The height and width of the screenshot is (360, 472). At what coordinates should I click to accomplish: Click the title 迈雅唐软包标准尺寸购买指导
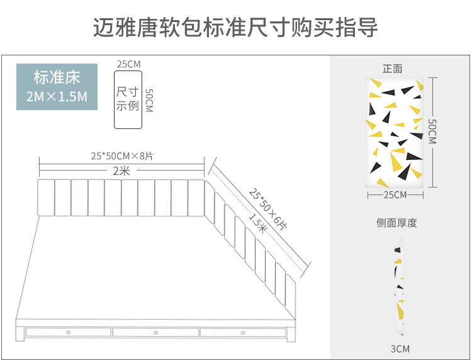coord(235,28)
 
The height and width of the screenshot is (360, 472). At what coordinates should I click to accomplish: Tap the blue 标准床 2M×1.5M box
coord(57,87)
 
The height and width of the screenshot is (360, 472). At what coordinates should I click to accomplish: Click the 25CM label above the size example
coord(128,64)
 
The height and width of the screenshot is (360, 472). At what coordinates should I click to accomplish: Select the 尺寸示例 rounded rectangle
coord(128,99)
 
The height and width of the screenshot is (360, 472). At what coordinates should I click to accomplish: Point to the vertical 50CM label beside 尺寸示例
coord(149,100)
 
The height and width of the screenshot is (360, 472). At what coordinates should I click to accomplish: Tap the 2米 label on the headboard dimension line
coord(121,171)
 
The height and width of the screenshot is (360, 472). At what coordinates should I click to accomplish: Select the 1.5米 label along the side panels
coord(258,223)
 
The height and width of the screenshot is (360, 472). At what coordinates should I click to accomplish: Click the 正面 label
coord(392,69)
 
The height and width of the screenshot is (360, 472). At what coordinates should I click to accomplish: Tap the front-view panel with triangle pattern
coord(395,133)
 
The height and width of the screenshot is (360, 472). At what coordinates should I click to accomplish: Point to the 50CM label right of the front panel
coord(432,132)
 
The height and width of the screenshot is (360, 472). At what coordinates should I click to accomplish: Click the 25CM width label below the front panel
coord(395,194)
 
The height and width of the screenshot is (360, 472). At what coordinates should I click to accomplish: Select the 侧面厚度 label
coord(396,223)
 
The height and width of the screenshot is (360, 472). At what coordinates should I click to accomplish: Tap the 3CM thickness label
coord(399,349)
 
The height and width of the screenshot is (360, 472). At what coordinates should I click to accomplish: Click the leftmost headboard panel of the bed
coord(47,196)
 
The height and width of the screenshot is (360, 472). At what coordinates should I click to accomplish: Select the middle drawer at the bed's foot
coord(155,332)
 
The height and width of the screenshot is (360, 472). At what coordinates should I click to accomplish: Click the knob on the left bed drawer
coord(68,332)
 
